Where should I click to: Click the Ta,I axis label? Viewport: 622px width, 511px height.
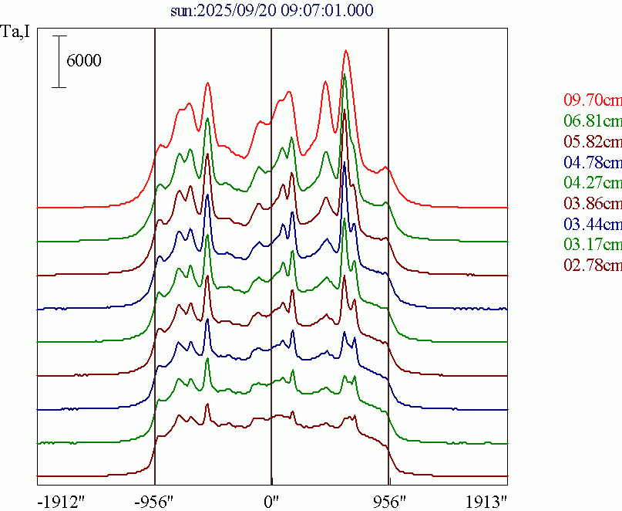(16, 34)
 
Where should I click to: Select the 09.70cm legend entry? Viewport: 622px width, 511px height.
(592, 100)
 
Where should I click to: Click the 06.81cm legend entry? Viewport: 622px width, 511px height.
(592, 121)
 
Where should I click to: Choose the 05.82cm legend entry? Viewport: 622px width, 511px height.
(592, 142)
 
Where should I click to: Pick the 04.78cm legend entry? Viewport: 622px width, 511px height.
(592, 163)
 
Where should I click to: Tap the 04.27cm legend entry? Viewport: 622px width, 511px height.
(592, 184)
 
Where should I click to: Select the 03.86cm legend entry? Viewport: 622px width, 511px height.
(592, 205)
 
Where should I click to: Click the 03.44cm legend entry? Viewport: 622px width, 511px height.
(592, 225)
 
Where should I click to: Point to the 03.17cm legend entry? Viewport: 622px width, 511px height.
(592, 246)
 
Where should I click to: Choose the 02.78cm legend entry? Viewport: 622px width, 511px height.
(592, 267)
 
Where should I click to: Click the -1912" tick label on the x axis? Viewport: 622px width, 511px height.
(61, 501)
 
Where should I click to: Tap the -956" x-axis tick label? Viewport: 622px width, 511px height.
(155, 501)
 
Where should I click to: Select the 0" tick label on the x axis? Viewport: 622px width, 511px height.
(271, 501)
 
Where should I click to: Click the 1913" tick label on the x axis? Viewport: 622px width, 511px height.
(486, 501)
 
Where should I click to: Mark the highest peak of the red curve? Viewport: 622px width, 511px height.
(346, 51)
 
